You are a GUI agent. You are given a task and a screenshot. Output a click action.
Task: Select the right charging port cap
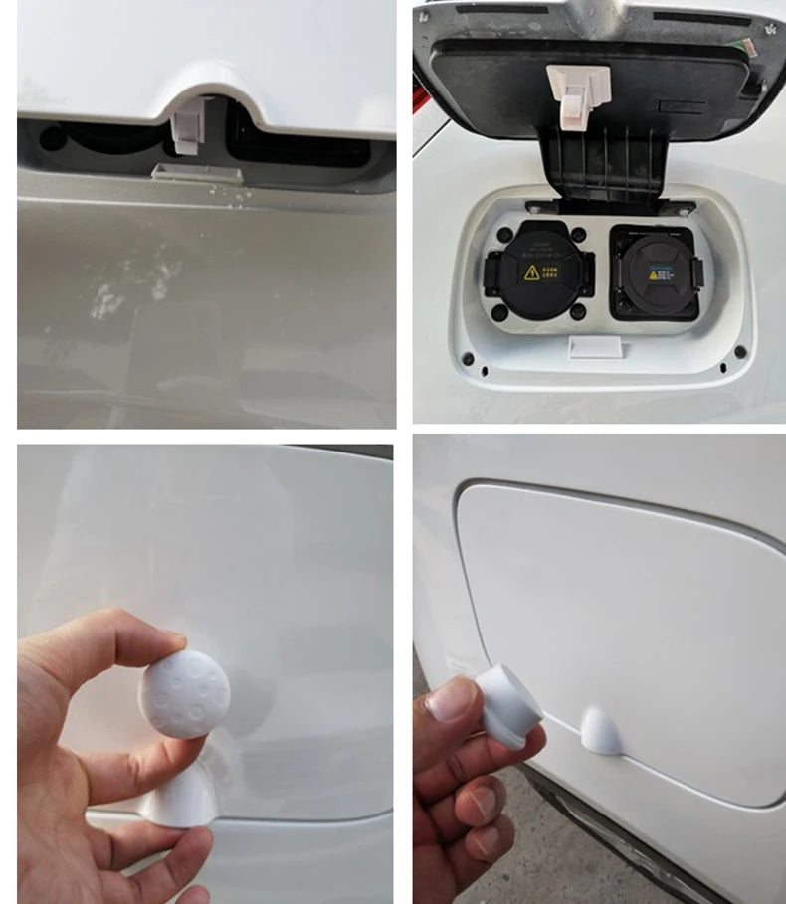pos(654,271)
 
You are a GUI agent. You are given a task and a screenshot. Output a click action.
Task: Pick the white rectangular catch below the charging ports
pos(593,346)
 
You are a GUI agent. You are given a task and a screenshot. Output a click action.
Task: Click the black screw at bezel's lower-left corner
pos(468,356)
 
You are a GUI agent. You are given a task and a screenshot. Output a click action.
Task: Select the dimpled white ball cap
pos(184,687)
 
